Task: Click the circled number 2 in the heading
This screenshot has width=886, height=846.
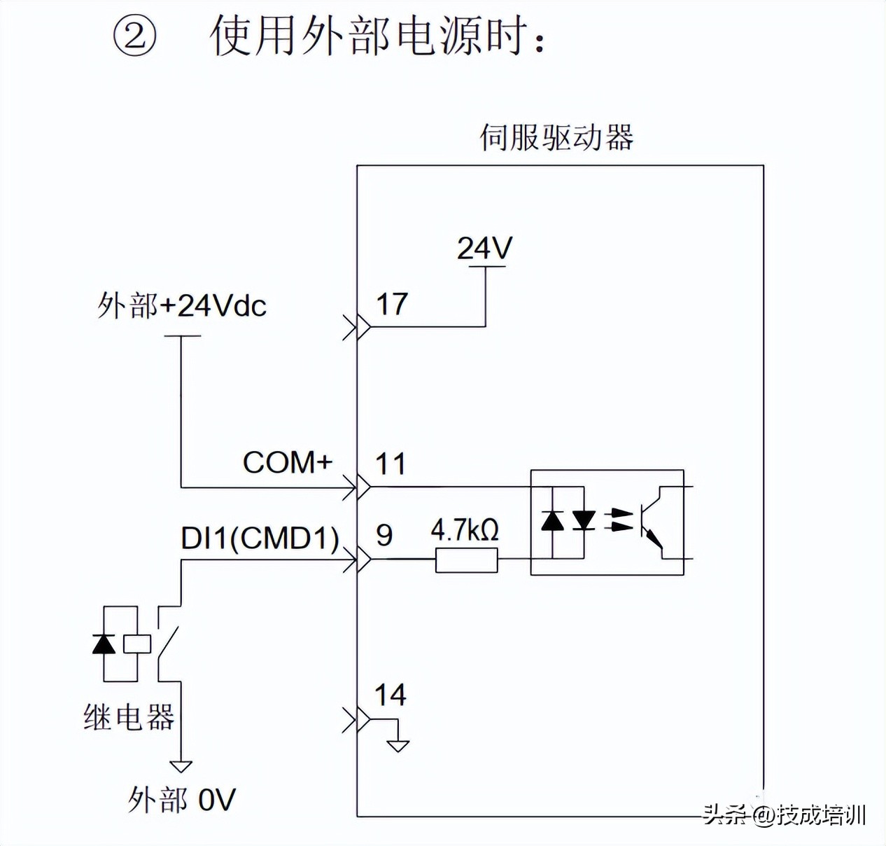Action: pos(134,36)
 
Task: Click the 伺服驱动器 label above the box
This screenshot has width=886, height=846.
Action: pos(556,137)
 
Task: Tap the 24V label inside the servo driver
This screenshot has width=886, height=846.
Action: pos(484,248)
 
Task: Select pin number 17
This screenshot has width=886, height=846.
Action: pos(391,304)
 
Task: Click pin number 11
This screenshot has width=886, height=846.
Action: pos(391,464)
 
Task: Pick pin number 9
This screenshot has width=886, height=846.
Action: pos(384,535)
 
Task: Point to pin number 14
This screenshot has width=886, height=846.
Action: pos(390,695)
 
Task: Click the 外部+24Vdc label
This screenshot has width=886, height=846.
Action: pos(182,306)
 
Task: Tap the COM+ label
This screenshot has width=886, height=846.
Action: pos(287,462)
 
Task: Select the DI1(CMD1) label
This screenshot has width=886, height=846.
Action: pos(260,538)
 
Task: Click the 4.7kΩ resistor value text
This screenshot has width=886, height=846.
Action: pos(465,530)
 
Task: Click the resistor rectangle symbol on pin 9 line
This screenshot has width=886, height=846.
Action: pos(466,560)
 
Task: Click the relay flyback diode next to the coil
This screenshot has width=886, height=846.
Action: pos(104,643)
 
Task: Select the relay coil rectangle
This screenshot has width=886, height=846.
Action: pos(136,644)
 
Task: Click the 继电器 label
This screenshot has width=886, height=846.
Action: pos(129,717)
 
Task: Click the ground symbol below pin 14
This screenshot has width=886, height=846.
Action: pos(398,745)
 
